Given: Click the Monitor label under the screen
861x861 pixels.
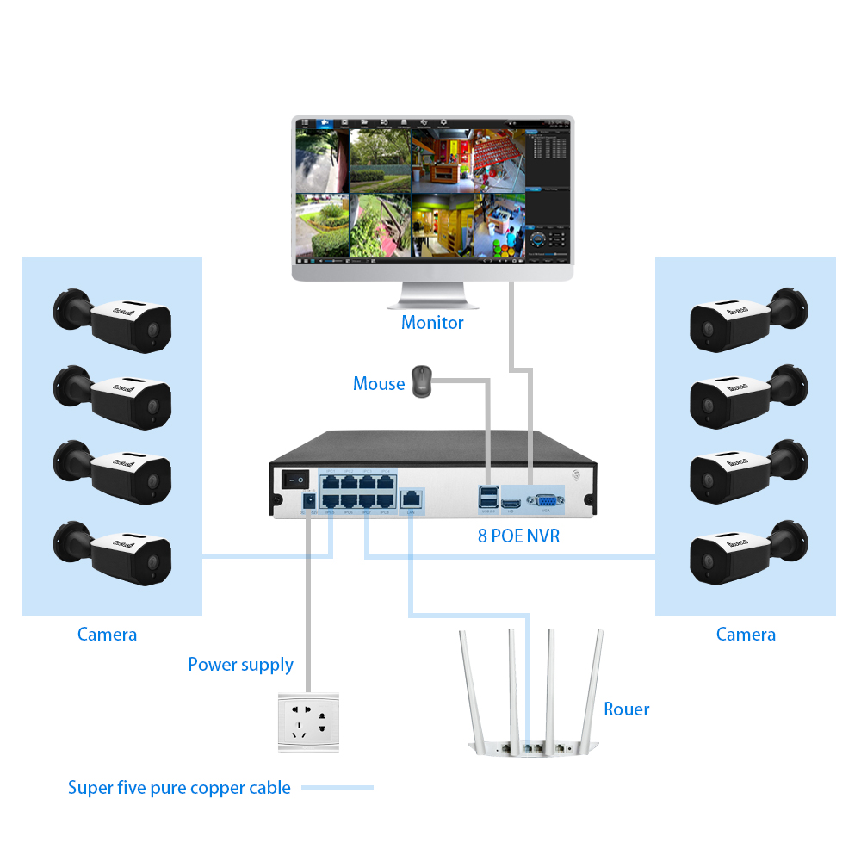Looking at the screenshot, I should click(x=432, y=323).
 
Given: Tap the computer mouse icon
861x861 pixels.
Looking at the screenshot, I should click(x=421, y=381).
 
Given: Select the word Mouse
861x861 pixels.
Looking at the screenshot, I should click(x=379, y=384).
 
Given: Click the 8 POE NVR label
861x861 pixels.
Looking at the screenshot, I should click(x=518, y=536).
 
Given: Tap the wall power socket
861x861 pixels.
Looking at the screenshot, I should click(x=308, y=721).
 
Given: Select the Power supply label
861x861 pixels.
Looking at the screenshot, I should click(x=240, y=665).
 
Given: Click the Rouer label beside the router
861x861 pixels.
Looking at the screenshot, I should click(x=626, y=709).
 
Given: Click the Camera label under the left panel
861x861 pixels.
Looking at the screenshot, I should click(x=107, y=635).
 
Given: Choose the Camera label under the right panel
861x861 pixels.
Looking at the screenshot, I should click(x=746, y=635).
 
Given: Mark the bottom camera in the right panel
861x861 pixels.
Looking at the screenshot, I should click(x=747, y=551).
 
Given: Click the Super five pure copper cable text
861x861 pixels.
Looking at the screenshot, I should click(x=179, y=788).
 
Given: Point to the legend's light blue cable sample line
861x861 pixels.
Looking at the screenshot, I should click(x=337, y=788).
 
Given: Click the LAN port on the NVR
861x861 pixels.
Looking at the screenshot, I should click(x=412, y=498).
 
